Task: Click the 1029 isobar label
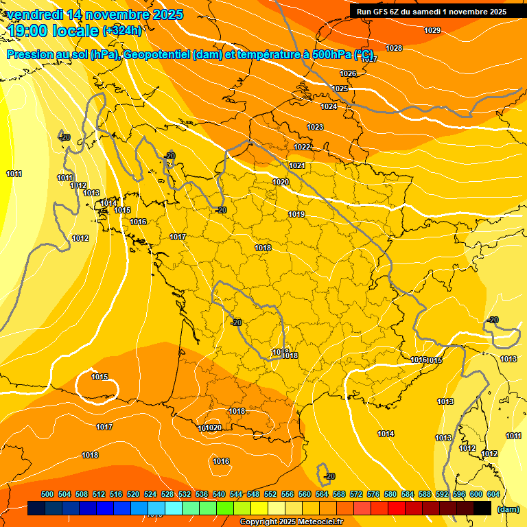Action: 432,30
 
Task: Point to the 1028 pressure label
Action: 394,48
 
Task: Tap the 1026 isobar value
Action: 348,73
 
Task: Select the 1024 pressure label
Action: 329,106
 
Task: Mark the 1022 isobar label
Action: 302,147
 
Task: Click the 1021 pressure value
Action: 297,165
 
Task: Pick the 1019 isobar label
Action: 296,214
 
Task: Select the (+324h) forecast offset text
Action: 122,31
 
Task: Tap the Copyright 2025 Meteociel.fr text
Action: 291,522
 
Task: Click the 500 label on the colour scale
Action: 47,494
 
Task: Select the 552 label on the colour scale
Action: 270,494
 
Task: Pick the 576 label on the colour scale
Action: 373,494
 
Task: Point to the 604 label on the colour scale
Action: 493,494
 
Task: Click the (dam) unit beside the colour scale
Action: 508,508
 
